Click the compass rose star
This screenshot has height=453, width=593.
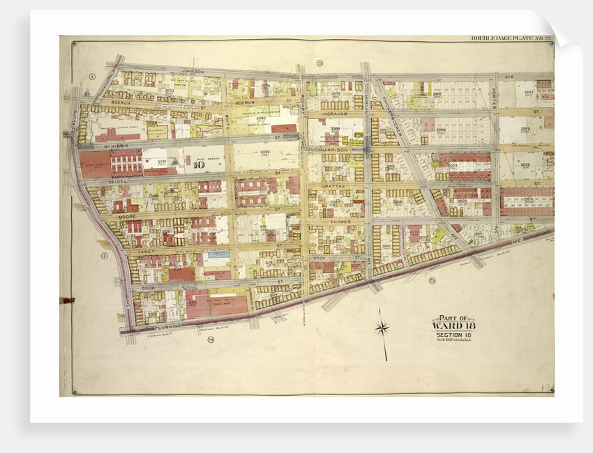pyautogui.click(x=382, y=328)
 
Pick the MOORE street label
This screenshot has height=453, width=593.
pyautogui.click(x=126, y=217)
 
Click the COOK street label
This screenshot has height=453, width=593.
pyautogui.click(x=147, y=287)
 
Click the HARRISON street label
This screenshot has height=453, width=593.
pyautogui.click(x=333, y=150)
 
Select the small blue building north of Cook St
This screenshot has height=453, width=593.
pyautogui.click(x=218, y=256)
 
